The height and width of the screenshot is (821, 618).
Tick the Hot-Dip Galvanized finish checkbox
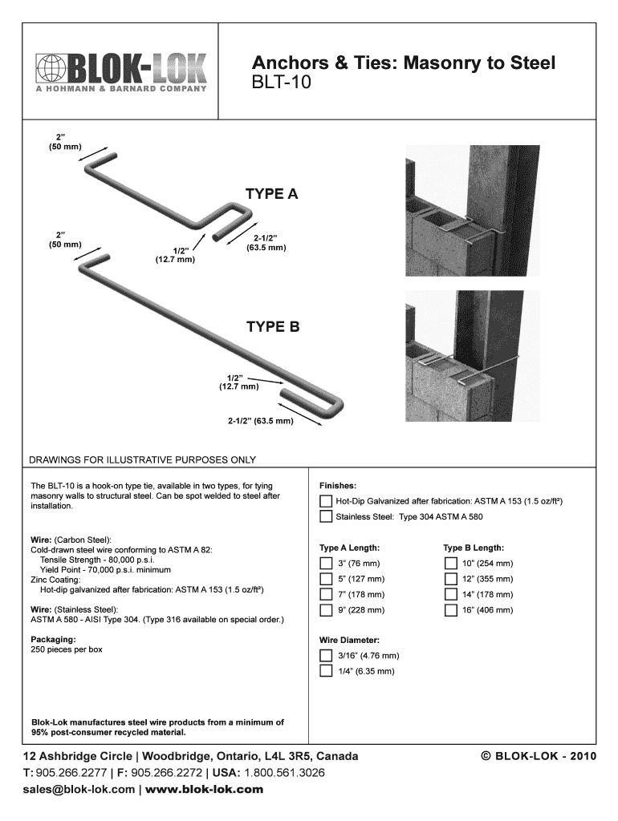point(326,502)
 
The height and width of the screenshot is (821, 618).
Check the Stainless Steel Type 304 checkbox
point(326,517)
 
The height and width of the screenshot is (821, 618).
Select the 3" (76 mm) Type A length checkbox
point(326,564)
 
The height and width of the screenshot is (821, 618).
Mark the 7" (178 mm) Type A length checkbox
point(326,595)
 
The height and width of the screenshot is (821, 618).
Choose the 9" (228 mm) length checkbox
point(326,610)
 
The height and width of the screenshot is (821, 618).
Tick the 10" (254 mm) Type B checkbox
point(450,564)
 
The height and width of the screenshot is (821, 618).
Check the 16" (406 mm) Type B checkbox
point(450,610)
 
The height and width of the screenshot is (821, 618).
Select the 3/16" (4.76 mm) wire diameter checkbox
point(326,656)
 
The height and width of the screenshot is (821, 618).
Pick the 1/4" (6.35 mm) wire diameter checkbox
point(326,671)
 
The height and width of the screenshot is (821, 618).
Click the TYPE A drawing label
point(271,194)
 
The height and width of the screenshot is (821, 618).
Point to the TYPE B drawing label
point(273,326)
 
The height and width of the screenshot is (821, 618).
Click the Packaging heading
point(53,640)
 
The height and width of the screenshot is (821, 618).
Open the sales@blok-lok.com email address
point(79,790)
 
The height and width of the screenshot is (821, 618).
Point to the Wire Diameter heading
point(349,641)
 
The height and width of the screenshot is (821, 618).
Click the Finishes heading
point(338,486)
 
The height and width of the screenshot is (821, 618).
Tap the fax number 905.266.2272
point(165,774)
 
